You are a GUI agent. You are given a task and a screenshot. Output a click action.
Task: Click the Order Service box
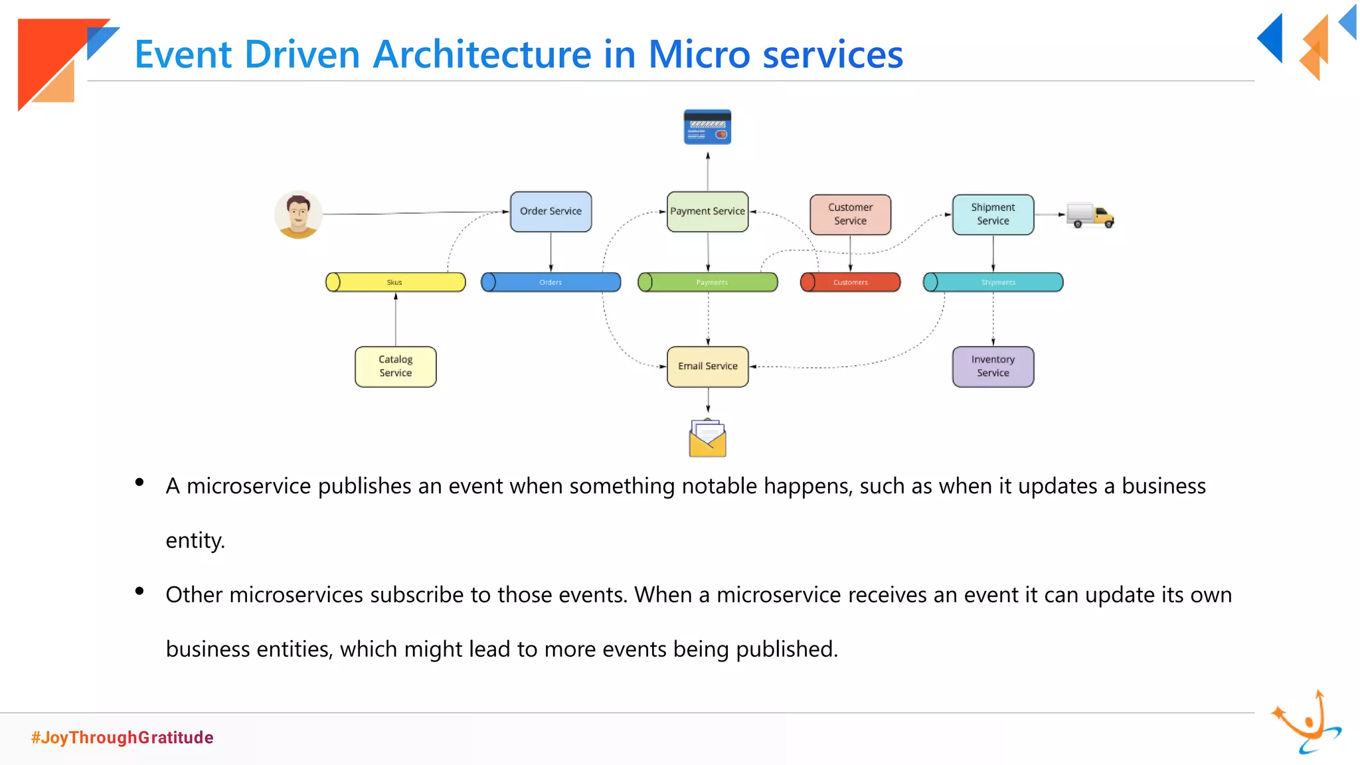pos(551,212)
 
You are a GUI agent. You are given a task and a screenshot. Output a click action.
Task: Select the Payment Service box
pos(707,212)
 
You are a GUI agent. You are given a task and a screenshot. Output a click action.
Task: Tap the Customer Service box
pos(850,214)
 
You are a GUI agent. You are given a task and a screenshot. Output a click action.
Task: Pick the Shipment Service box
pos(993,214)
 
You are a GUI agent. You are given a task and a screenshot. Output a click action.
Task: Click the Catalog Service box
pos(395,367)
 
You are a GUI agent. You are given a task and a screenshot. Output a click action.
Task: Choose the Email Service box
pos(707,367)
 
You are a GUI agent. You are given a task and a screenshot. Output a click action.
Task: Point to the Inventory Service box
pos(993,367)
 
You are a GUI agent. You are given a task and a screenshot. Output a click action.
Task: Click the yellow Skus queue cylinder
pos(395,282)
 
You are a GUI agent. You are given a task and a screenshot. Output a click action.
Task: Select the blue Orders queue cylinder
pos(551,282)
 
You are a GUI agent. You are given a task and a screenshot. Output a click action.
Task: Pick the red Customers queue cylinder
pos(850,282)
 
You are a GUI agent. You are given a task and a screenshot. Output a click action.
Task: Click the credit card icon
pos(707,127)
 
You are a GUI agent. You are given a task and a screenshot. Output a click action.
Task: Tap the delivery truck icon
pos(1090,215)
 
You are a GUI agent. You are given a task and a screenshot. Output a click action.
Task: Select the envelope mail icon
pos(707,438)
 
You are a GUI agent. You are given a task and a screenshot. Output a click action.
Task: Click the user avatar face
pos(298,214)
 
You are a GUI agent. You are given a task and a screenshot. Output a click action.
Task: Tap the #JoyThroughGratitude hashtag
pos(122,738)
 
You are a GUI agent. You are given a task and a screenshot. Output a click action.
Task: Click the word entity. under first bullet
pos(195,541)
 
